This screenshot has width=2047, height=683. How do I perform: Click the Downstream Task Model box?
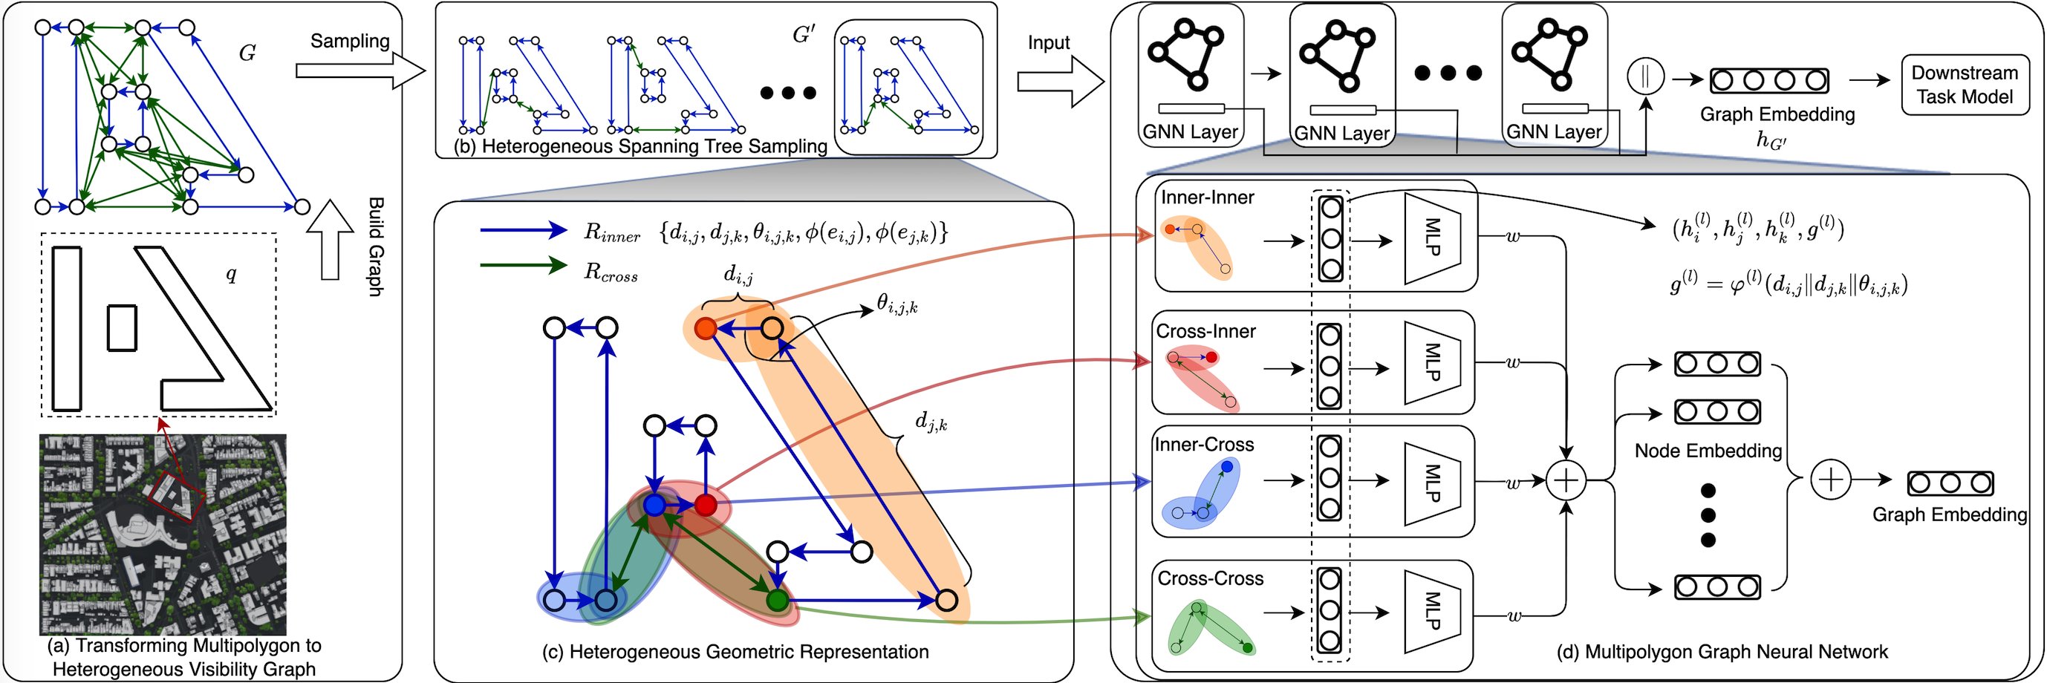pos(1965,85)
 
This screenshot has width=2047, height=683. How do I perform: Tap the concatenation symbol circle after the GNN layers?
pos(1645,77)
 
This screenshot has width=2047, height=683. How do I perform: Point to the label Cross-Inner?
pos(1205,330)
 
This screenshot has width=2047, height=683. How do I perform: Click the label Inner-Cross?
pos(1204,444)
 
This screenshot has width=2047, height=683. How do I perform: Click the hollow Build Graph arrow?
pos(330,239)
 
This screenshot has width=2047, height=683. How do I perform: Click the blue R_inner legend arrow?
pos(524,230)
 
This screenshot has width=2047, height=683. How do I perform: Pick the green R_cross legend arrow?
pos(524,265)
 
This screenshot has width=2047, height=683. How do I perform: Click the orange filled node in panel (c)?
pos(705,327)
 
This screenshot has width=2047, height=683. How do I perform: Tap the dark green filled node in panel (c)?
pos(777,600)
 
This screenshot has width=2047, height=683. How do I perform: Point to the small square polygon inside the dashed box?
pos(122,327)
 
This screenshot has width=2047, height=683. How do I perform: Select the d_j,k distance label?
pos(931,421)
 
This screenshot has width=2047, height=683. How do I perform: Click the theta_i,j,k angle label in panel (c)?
pos(897,303)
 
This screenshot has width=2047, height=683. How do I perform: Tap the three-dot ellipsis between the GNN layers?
pos(1448,73)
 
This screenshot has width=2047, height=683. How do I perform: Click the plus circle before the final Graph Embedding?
pos(1831,480)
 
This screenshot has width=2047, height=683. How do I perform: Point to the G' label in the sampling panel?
pos(804,35)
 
